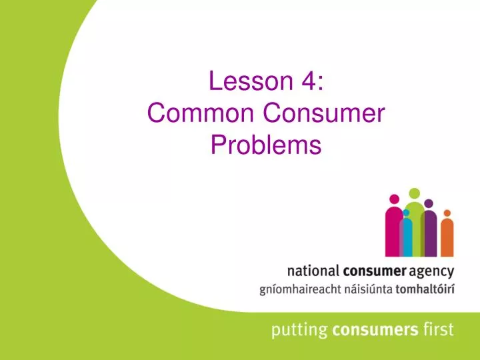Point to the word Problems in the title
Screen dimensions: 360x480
pos(266,145)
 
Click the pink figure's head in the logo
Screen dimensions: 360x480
pos(394,199)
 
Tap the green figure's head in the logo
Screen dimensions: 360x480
pos(414,193)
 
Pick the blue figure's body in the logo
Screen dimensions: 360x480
pos(407,237)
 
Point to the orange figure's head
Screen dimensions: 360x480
pos(447,213)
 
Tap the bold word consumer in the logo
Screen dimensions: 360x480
pos(375,271)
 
